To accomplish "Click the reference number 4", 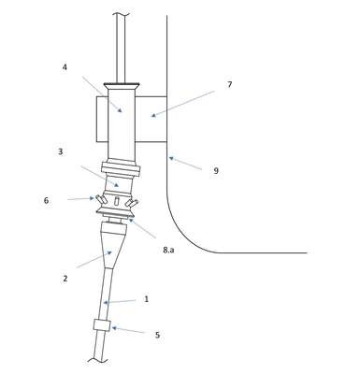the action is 65,67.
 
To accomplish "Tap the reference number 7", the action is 230,84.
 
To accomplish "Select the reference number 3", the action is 61,151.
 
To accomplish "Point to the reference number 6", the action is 46,200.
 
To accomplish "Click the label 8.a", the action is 168,250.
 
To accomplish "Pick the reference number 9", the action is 216,171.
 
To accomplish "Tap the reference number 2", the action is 65,279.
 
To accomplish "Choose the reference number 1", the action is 146,299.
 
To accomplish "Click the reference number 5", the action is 157,335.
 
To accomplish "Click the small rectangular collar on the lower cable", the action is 102,325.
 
